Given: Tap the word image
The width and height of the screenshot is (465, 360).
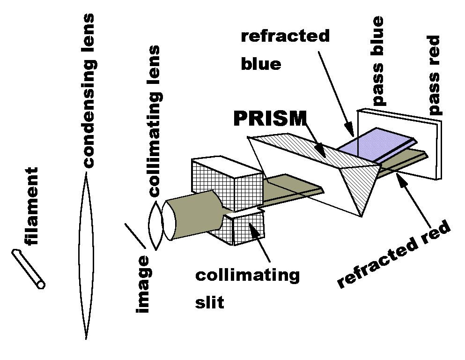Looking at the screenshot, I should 143,285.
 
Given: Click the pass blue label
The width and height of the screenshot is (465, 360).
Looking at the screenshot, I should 377,61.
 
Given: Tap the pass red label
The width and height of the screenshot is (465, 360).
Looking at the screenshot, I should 435,75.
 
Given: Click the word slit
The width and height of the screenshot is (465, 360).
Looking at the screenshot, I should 209,302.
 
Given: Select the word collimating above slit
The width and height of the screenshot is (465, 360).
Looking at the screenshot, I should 247,275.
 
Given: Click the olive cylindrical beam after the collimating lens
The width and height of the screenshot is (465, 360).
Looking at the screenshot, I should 192,216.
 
